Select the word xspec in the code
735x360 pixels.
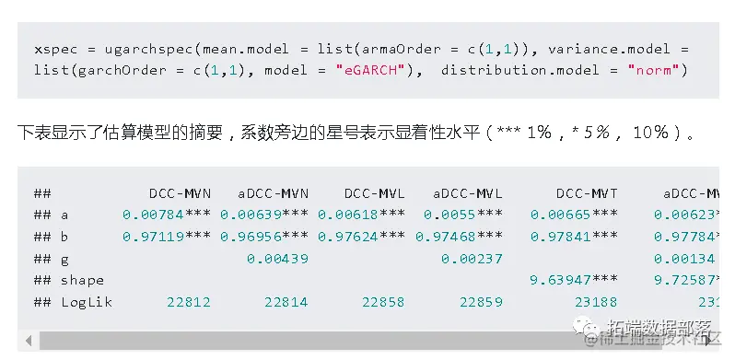point(53,49)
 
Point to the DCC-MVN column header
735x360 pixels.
point(180,193)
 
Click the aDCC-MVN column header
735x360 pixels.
point(273,193)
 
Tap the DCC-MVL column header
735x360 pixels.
point(375,193)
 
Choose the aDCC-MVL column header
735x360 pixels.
point(467,193)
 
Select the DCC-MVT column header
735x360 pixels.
point(587,193)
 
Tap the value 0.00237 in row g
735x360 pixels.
point(472,259)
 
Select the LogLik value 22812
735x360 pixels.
point(189,302)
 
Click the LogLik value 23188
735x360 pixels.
point(598,302)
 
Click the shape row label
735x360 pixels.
point(82,280)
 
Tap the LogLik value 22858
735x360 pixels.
point(384,302)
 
